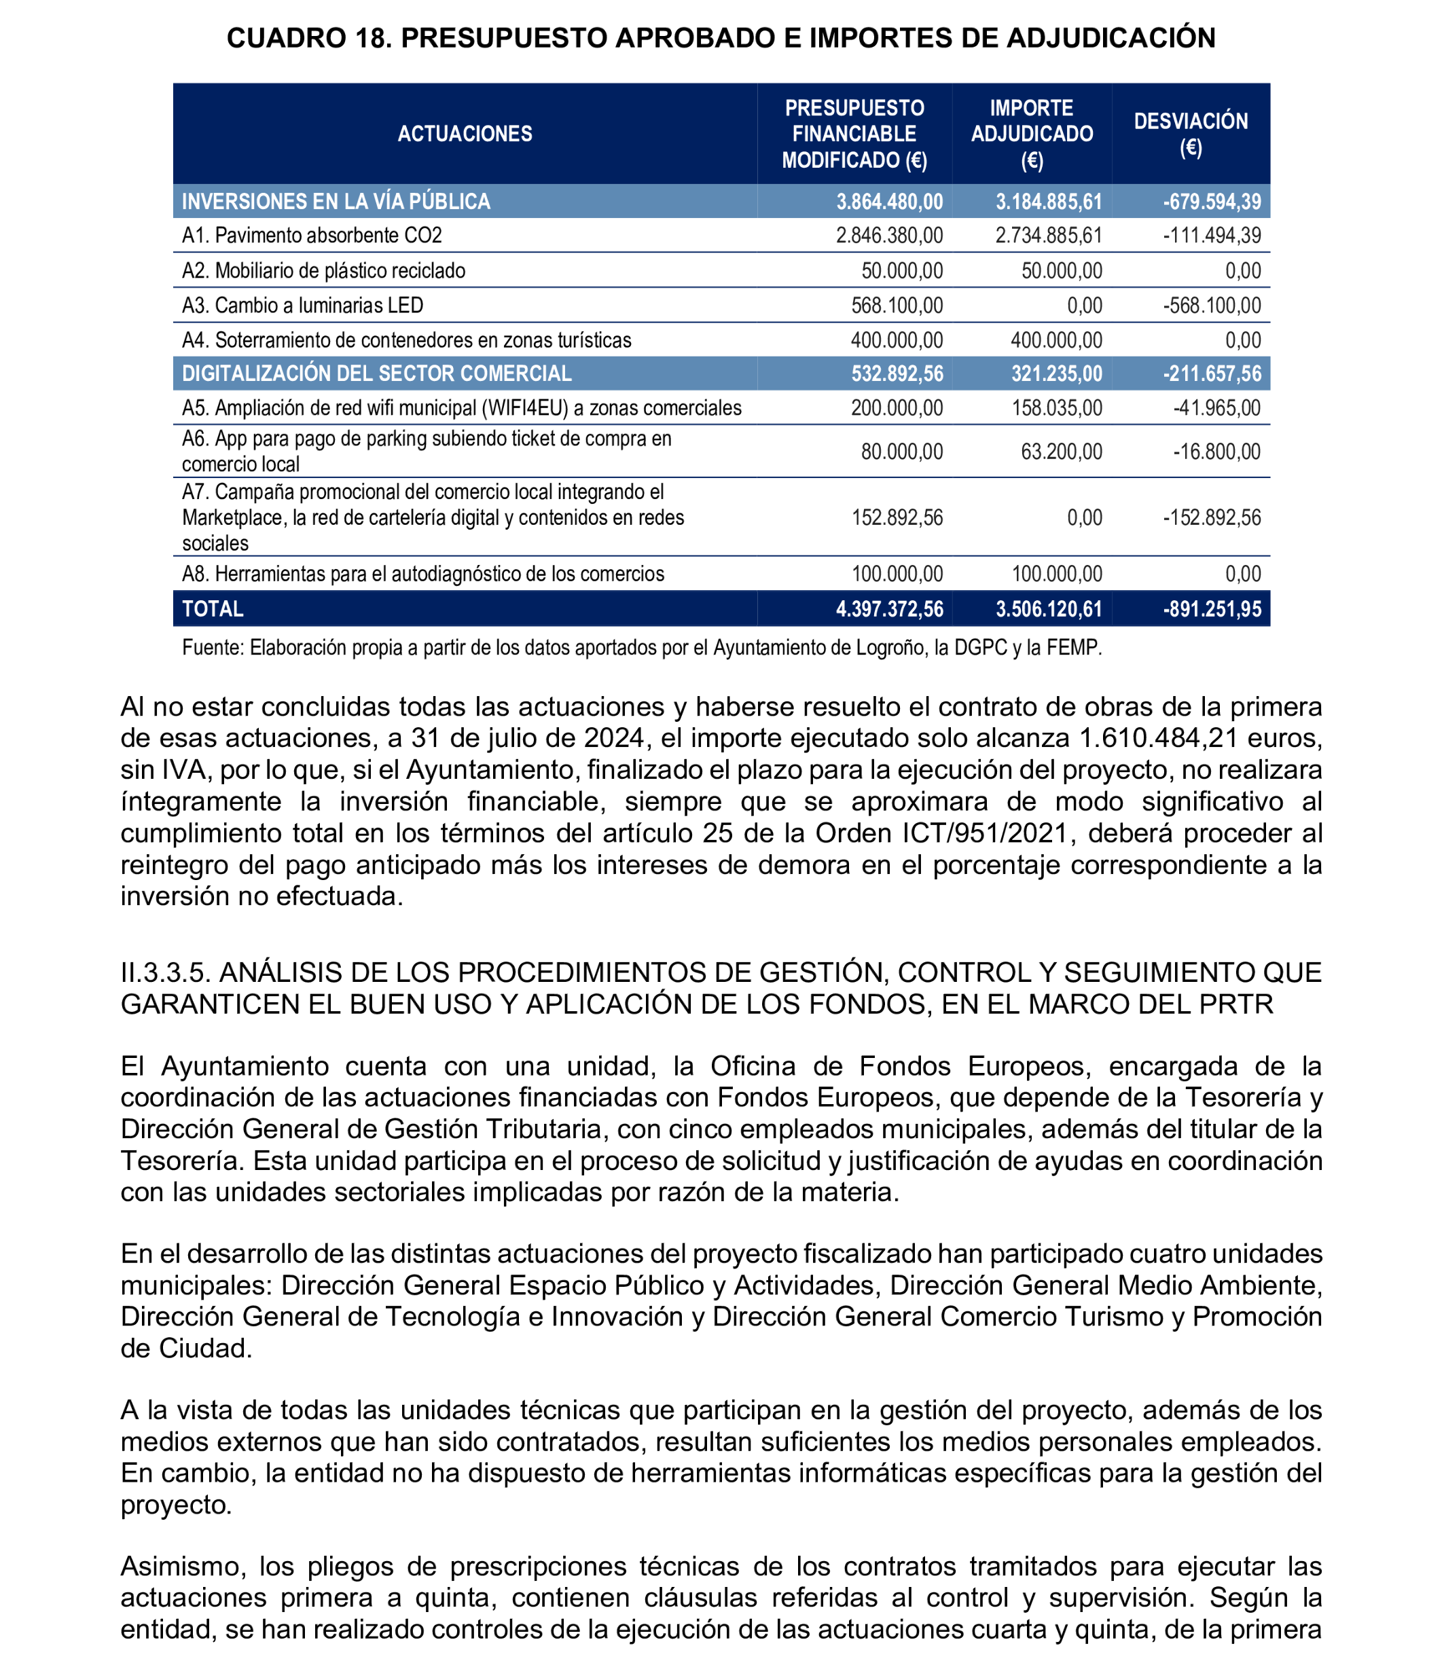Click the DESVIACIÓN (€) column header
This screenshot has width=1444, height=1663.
(1190, 134)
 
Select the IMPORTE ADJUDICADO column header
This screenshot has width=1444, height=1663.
(1032, 134)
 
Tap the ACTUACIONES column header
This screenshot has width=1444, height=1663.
(465, 134)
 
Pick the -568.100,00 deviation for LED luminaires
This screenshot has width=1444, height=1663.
(1212, 306)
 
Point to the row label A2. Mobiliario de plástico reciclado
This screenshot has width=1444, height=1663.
(323, 271)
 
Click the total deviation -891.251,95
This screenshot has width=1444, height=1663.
(1212, 609)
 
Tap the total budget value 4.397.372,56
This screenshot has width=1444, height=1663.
(889, 609)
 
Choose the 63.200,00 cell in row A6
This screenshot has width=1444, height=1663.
(1061, 451)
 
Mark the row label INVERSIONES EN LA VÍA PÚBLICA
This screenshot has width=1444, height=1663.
(336, 202)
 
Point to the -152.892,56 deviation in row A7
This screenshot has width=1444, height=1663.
(1212, 517)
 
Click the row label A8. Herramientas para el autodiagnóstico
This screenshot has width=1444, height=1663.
(423, 574)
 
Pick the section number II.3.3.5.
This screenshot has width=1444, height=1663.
(165, 972)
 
